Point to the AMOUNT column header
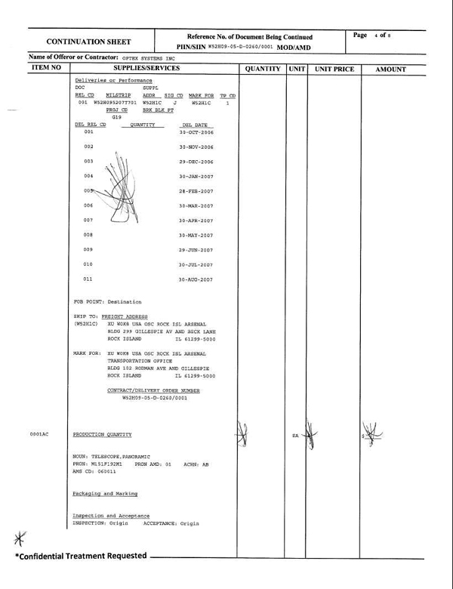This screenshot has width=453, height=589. (x=390, y=69)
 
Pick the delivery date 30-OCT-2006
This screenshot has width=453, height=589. (x=196, y=131)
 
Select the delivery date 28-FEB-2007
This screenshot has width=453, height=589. (x=196, y=191)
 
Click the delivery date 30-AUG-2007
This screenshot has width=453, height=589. (x=196, y=279)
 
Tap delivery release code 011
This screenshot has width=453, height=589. (x=88, y=279)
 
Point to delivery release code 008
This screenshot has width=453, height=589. (x=88, y=235)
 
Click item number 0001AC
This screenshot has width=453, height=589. (x=39, y=435)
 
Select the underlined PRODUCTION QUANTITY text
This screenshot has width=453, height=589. (x=102, y=435)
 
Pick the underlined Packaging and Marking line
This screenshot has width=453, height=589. (x=105, y=493)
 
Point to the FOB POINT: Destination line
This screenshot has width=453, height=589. (x=106, y=302)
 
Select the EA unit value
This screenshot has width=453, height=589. (x=294, y=436)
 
